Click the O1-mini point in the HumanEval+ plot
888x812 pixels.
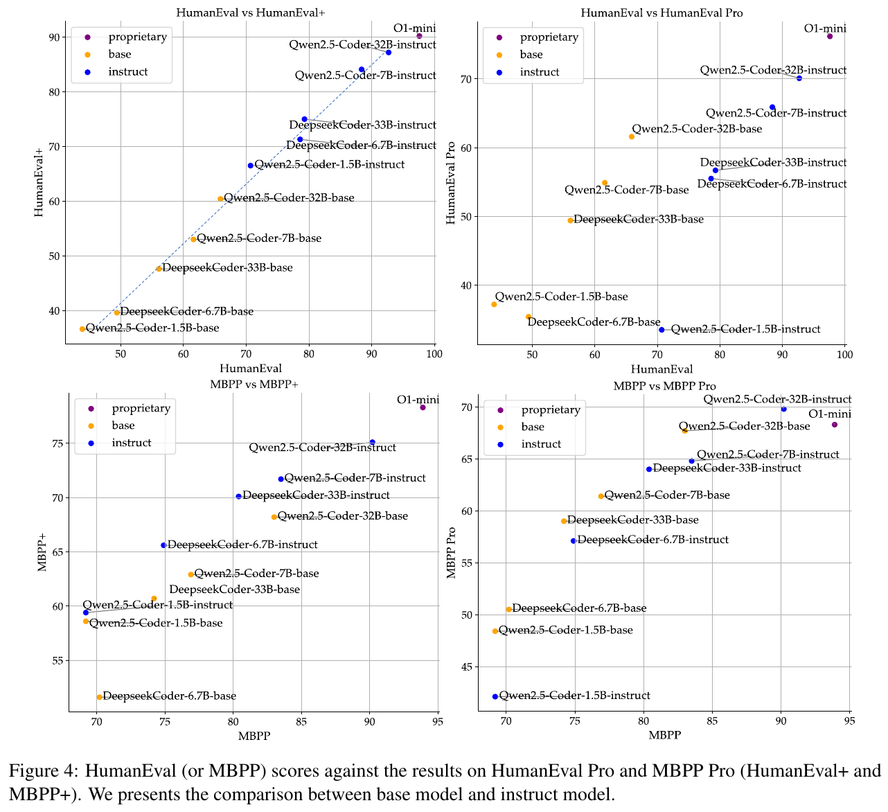419,36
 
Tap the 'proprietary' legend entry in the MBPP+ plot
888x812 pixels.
141,408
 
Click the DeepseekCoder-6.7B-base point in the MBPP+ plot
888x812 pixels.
100,697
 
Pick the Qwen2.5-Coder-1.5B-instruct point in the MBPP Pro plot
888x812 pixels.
495,696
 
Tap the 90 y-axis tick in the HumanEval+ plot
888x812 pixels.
53,37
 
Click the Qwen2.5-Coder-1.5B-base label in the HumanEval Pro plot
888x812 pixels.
561,297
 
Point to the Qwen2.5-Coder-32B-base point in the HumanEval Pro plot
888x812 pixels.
631,136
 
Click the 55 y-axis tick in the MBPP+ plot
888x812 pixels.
53,660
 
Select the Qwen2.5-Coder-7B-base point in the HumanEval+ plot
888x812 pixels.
193,240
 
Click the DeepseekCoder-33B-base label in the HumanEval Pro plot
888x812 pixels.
638,220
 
